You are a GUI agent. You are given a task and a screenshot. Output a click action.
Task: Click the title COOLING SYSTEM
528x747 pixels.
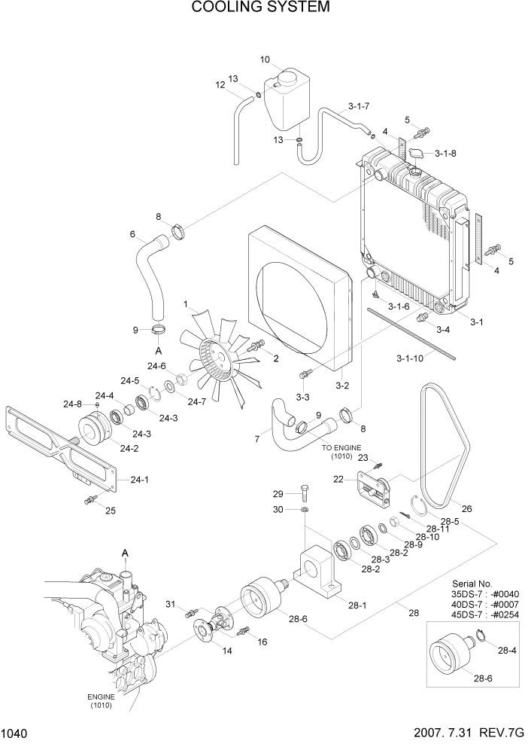click(x=260, y=8)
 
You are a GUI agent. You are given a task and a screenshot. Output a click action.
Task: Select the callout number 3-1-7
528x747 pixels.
click(x=359, y=105)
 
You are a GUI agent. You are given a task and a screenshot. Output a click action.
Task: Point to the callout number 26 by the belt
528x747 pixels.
click(x=466, y=508)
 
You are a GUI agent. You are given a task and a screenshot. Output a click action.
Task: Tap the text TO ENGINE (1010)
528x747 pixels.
click(x=341, y=451)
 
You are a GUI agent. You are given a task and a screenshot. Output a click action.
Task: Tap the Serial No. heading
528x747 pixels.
click(x=472, y=584)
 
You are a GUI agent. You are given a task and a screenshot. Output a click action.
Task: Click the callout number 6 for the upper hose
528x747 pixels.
click(x=132, y=234)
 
